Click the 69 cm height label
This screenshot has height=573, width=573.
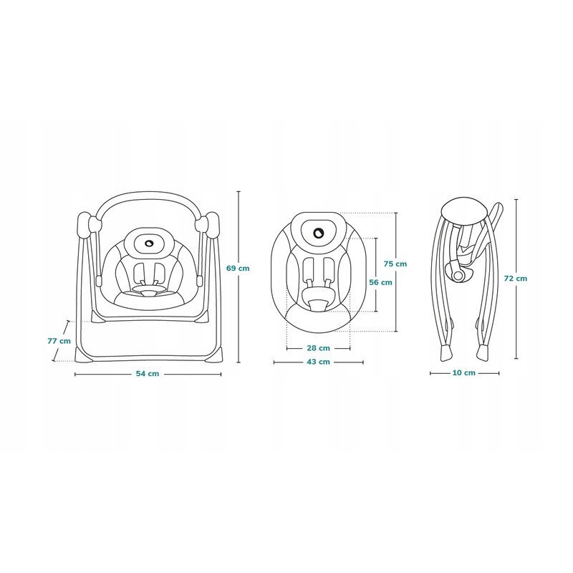(x=238, y=268)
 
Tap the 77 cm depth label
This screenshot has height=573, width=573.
(x=59, y=341)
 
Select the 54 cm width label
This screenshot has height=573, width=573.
(x=148, y=374)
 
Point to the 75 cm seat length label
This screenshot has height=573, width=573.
(x=395, y=264)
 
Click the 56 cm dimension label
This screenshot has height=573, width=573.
(x=380, y=282)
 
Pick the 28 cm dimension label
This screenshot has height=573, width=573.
(x=318, y=348)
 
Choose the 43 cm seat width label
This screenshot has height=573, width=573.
(x=318, y=362)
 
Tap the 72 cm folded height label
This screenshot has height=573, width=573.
(x=516, y=279)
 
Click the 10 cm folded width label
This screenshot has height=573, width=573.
(x=464, y=372)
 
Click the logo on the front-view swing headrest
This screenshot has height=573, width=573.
(x=149, y=243)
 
